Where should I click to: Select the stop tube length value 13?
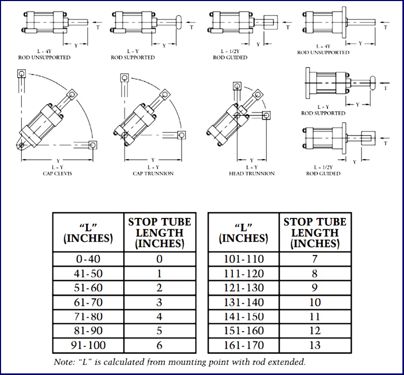coord(315,346)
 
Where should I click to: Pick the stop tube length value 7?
coord(315,259)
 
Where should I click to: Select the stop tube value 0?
coord(159,259)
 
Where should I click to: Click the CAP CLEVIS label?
coord(58,173)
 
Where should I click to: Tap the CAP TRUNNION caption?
coord(153,173)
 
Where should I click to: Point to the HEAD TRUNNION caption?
coord(251,173)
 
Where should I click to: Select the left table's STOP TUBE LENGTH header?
coord(159,232)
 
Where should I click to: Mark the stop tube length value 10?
coord(315,303)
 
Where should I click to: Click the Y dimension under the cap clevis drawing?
coord(58,160)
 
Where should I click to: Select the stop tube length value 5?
coord(159,332)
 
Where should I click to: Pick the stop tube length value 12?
coord(315,332)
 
